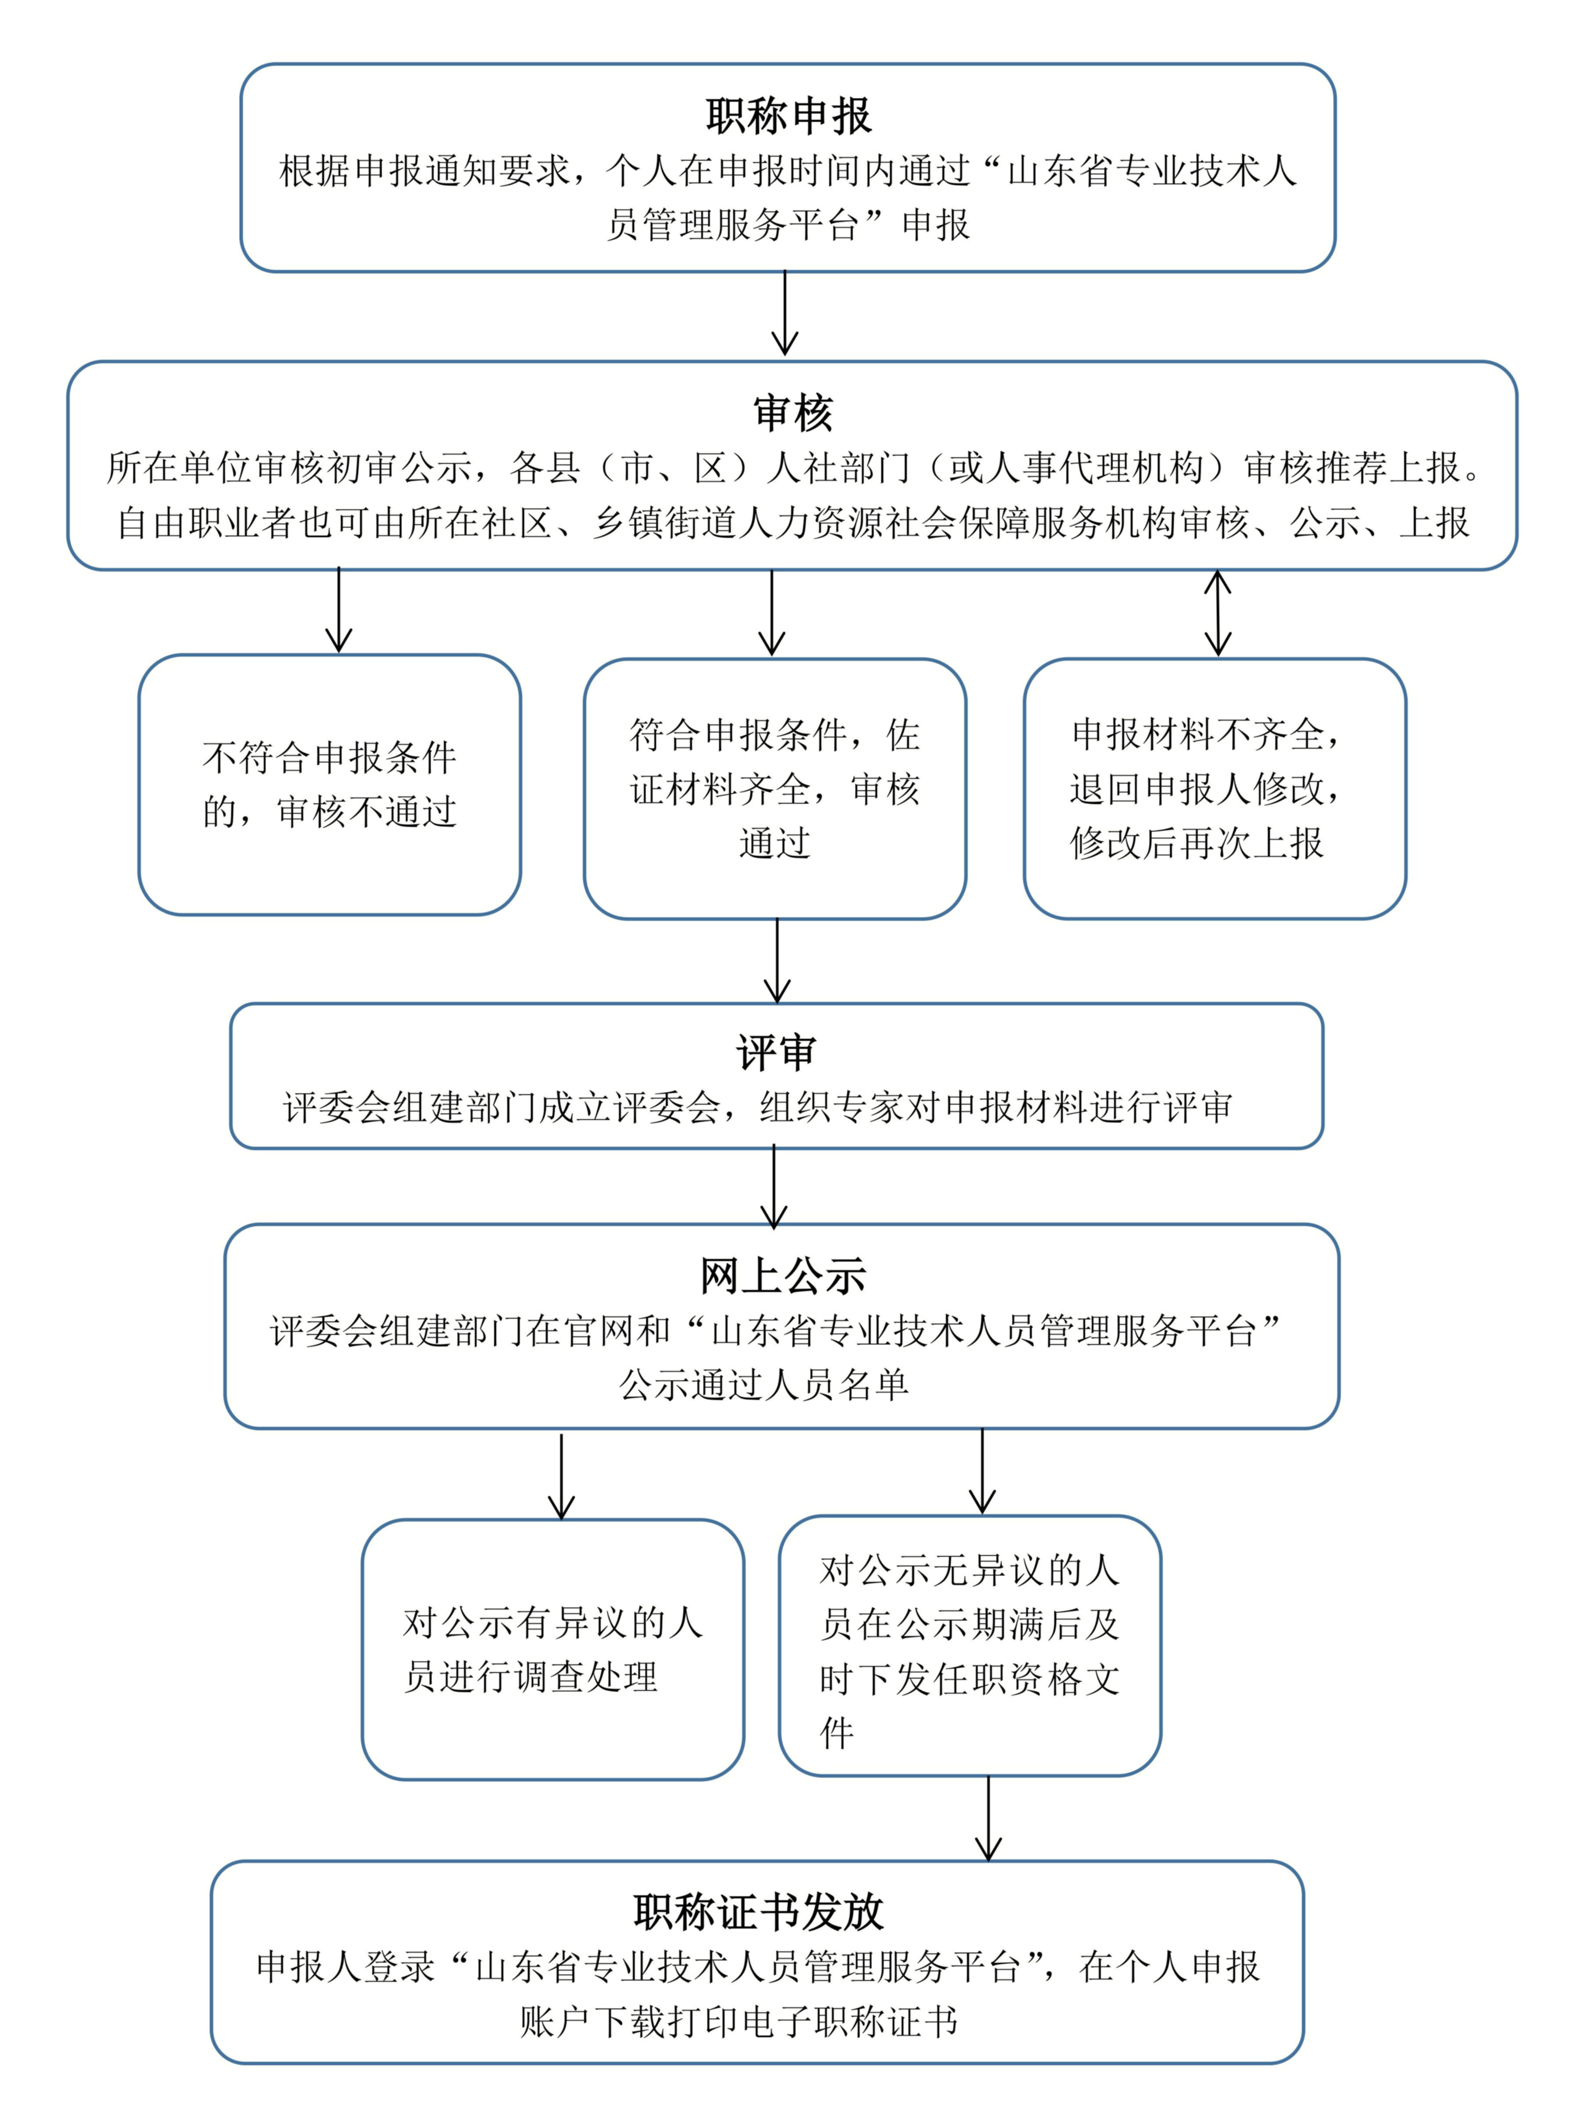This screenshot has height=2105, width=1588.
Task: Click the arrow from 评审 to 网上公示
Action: (775, 1187)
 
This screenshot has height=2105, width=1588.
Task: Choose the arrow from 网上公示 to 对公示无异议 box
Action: (982, 1471)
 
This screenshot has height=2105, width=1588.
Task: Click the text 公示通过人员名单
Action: (764, 1385)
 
